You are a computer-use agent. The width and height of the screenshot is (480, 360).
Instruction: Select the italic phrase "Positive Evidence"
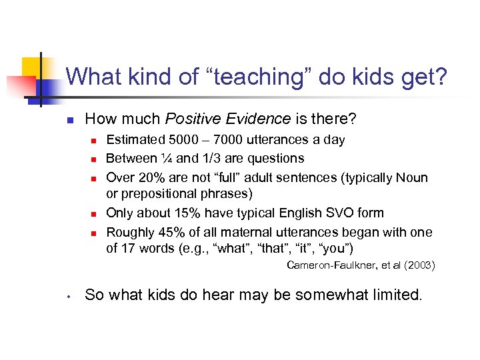click(x=227, y=119)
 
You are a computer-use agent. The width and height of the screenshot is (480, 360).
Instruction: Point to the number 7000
click(x=229, y=140)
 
